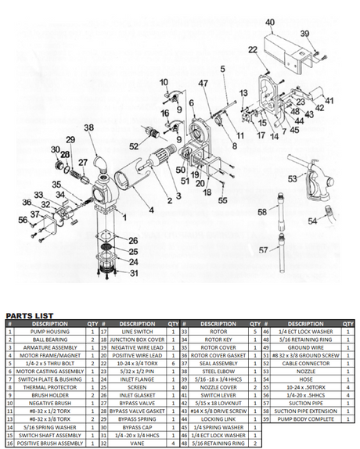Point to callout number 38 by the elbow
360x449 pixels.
pyautogui.click(x=88, y=128)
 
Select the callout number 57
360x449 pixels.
pyautogui.click(x=262, y=250)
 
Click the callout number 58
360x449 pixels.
pyautogui.click(x=262, y=211)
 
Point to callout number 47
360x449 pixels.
pyautogui.click(x=203, y=83)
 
